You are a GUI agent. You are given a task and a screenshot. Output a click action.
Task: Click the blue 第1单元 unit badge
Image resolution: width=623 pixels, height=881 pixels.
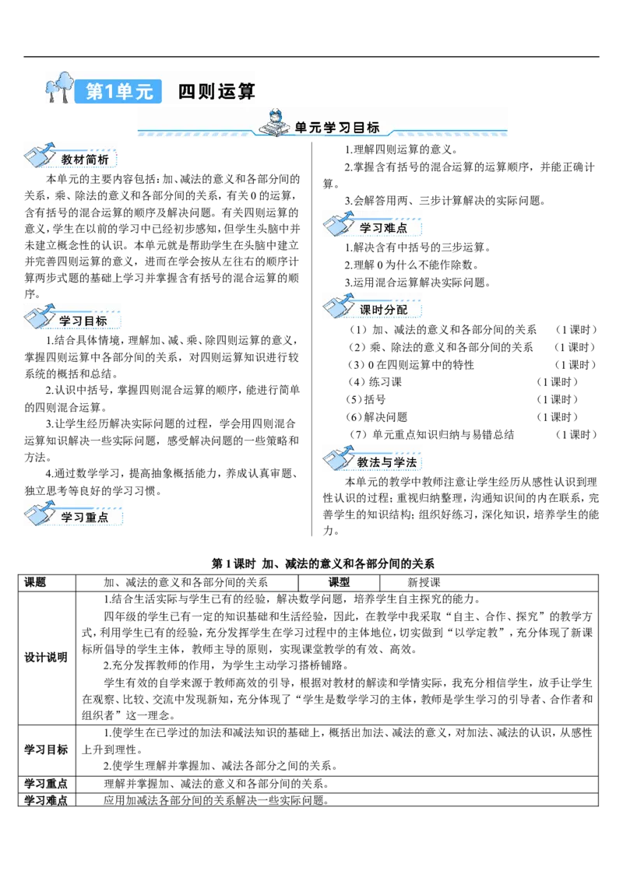tap(119, 92)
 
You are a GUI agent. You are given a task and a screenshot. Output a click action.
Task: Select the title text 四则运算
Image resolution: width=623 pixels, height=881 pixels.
tap(216, 92)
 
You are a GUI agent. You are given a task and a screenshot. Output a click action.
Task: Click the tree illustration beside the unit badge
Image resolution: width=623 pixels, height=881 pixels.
tap(59, 87)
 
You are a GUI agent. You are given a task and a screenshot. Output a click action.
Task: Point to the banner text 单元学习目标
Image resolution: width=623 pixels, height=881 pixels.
tap(337, 128)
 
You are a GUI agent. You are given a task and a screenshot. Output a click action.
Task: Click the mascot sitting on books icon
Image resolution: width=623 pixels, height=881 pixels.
tap(274, 123)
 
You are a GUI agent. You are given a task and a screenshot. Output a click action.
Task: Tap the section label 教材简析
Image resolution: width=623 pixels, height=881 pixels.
tap(85, 160)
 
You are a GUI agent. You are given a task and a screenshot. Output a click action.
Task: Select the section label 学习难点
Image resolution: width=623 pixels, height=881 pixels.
tap(383, 228)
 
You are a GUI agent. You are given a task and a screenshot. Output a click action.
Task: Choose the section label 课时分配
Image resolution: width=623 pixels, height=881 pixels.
tap(383, 309)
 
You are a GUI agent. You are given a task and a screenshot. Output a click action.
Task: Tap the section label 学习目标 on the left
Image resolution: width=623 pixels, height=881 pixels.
tap(83, 321)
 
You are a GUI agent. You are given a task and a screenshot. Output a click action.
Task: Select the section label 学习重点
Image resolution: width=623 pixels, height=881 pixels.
tap(83, 518)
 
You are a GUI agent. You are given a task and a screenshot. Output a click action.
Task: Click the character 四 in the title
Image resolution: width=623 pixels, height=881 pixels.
tap(187, 92)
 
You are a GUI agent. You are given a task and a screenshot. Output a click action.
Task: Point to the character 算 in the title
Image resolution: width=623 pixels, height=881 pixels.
tap(247, 92)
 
